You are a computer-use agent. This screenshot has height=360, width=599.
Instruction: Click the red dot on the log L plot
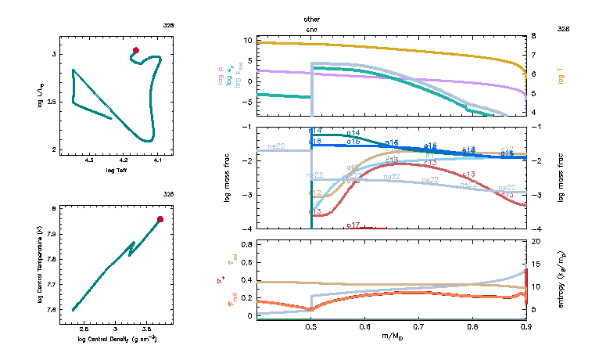(136, 50)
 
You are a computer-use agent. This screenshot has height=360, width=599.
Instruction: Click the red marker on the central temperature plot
(160, 219)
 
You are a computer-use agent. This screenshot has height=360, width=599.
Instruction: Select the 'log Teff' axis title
(117, 170)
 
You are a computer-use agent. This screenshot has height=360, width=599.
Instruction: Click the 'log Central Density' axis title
(117, 339)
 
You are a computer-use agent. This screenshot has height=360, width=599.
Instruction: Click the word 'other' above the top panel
(312, 18)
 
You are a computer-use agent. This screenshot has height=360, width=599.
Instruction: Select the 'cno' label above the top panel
(312, 29)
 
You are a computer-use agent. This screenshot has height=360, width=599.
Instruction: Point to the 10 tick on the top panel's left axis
(248, 39)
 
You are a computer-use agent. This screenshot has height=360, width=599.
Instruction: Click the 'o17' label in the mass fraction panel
(353, 225)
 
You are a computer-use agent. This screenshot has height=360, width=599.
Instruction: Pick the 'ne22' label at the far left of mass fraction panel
(276, 146)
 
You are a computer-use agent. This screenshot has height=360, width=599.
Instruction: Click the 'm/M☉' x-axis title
(391, 337)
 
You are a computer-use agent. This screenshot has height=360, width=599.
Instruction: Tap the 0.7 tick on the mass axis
(418, 327)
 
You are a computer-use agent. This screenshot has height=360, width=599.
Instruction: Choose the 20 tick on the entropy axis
(536, 243)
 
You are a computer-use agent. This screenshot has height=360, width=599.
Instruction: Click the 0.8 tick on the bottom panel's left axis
(246, 245)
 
